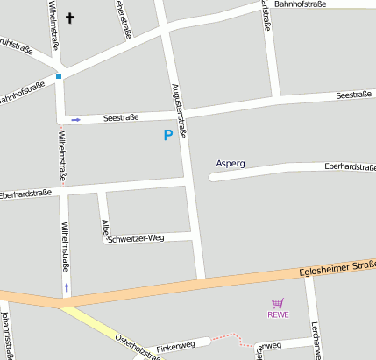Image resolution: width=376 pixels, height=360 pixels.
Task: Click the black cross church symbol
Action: click(70, 17)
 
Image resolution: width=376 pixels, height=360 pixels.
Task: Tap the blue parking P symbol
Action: click(168, 135)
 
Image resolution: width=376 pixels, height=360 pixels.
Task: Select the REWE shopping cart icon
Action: click(278, 303)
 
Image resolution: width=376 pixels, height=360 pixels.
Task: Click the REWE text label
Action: click(278, 314)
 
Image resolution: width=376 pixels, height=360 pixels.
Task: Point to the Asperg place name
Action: click(231, 164)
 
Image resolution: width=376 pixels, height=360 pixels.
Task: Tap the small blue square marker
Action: click(59, 76)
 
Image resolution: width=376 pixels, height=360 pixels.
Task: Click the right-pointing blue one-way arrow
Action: click(76, 119)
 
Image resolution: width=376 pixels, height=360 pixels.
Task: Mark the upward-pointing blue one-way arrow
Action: click(67, 286)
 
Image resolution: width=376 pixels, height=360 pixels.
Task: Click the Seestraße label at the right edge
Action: click(354, 95)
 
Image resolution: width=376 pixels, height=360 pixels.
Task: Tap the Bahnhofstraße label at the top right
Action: click(300, 4)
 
